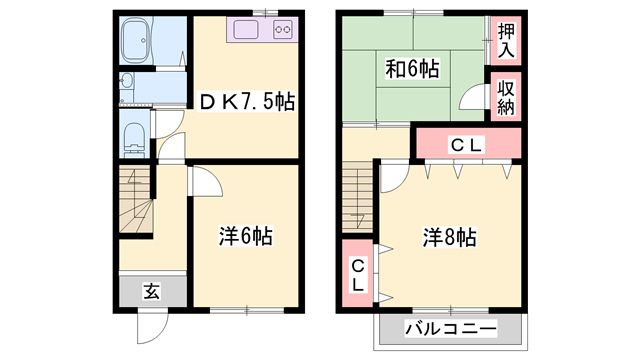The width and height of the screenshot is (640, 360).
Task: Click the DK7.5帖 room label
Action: click(246, 102)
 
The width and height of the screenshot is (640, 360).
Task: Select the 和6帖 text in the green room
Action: click(411, 69)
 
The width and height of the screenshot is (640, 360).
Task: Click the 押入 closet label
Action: click(506, 41)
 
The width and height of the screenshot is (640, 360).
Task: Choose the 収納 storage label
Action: click(506, 97)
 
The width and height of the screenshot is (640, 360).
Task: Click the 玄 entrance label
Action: click(151, 291)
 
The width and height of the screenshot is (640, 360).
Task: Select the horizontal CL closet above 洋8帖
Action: click(466, 145)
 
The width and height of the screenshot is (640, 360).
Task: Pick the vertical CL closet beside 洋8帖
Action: click(356, 272)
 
